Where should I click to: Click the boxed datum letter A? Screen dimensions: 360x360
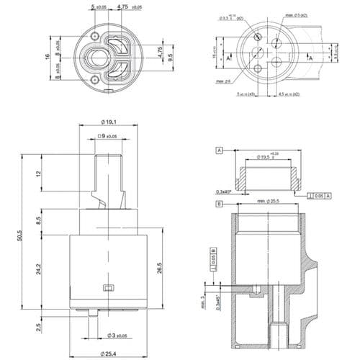click(217, 151)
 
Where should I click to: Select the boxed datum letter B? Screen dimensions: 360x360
click(217, 204)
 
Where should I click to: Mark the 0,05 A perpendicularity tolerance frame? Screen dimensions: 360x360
click(318, 194)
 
